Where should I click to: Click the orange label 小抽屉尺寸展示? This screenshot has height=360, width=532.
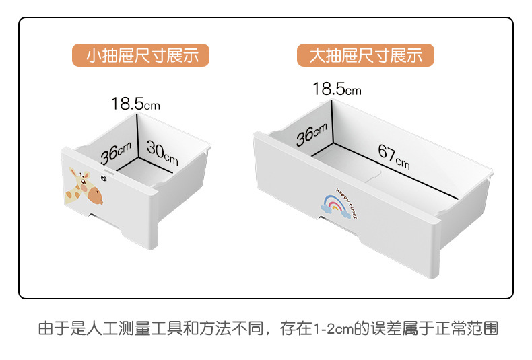tap(141, 55)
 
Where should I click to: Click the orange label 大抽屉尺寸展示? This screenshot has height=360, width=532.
tap(365, 55)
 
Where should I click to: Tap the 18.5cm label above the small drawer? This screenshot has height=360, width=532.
tap(135, 104)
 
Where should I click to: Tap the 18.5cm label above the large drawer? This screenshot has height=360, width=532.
tap(336, 88)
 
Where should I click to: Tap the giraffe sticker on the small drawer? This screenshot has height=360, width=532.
tap(84, 188)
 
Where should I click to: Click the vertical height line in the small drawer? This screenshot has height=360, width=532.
tap(138, 135)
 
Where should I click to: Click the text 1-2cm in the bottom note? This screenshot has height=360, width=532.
tap(334, 330)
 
